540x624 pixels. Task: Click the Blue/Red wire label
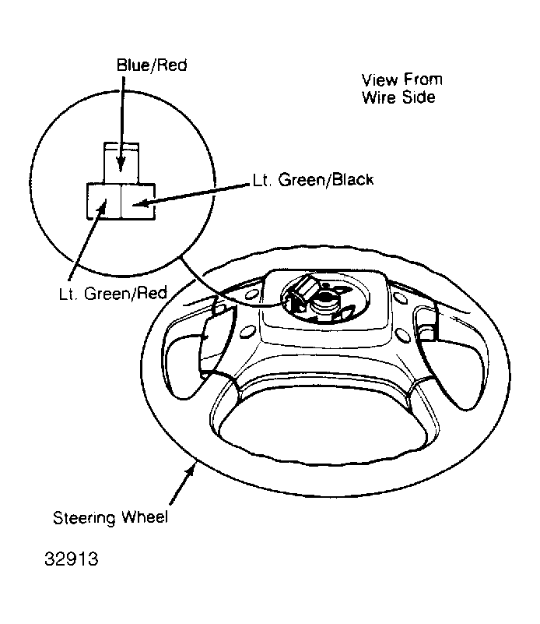[x=152, y=65]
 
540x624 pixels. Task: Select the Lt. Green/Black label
[x=313, y=180]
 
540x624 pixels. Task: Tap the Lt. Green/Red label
[x=113, y=293]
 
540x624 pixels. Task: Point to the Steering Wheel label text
[x=110, y=517]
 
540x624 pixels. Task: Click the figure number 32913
[x=71, y=559]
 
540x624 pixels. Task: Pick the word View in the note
[x=380, y=79]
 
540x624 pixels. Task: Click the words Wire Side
[x=398, y=97]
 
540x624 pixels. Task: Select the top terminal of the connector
[x=121, y=163]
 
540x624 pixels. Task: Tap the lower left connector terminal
[x=103, y=201]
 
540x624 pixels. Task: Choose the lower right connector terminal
[x=138, y=201]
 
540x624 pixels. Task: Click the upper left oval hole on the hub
[x=251, y=294]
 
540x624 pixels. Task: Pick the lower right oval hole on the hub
[x=402, y=335]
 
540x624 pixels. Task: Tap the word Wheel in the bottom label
[x=145, y=516]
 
